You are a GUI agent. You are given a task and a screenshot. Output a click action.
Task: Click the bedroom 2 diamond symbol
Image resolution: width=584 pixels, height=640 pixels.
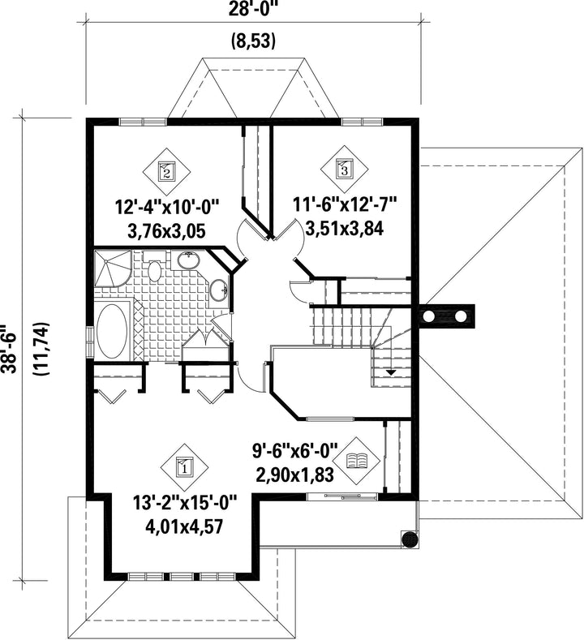[166, 171]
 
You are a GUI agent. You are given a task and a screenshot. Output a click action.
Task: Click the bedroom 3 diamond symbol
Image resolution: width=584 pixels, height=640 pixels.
[344, 169]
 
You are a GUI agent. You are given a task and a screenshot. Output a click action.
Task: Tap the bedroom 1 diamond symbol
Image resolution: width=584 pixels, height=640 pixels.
[183, 467]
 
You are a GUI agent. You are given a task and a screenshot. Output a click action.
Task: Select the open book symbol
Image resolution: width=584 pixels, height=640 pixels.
[357, 461]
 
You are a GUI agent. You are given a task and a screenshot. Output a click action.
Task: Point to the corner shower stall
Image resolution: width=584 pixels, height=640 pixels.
[113, 269]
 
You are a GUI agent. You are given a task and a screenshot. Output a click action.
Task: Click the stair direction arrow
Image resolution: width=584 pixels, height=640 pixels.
[391, 372]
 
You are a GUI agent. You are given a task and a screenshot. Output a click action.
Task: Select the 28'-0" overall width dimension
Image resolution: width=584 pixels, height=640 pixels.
[251, 9]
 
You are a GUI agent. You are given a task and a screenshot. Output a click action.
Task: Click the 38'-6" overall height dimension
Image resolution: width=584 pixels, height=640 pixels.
[9, 349]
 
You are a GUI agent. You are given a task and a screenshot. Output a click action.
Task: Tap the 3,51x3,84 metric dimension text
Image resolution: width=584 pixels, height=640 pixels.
[345, 229]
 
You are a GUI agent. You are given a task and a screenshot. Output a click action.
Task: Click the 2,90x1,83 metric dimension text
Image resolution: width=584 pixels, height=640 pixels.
[295, 475]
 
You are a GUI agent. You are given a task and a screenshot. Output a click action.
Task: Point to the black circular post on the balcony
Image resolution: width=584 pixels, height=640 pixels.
[410, 539]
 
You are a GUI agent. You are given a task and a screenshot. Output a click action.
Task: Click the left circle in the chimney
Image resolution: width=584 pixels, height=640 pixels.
[429, 316]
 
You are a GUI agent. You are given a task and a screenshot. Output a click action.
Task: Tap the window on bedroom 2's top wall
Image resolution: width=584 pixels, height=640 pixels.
[143, 122]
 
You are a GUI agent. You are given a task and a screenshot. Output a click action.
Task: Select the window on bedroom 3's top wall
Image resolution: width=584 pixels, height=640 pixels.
[362, 121]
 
